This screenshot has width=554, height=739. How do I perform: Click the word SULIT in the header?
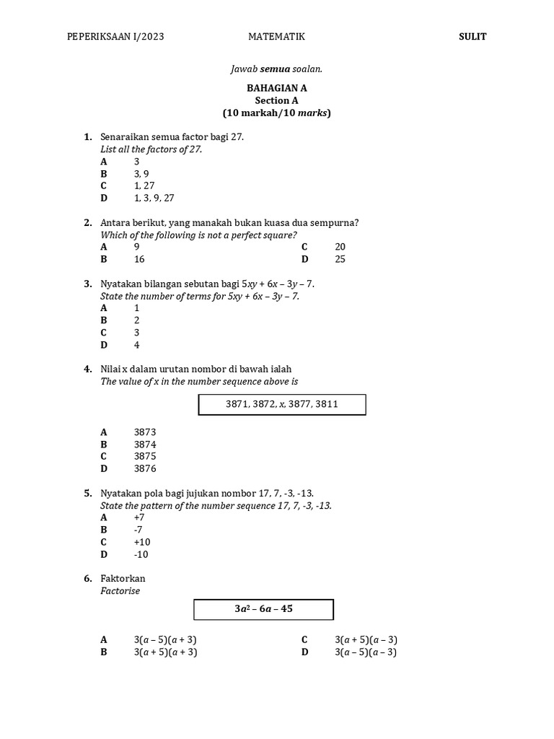click(472, 37)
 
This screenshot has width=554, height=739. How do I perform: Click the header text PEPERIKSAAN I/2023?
click(115, 37)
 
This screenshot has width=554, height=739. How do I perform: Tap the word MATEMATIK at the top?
click(276, 37)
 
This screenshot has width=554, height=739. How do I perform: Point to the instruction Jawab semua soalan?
click(276, 69)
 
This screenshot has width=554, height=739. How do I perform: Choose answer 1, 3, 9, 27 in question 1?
click(154, 198)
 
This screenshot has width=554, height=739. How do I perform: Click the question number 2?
click(87, 223)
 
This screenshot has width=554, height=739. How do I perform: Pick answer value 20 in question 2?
click(340, 247)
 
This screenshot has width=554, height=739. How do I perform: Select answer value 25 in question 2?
click(340, 259)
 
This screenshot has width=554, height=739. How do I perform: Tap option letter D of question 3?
click(104, 345)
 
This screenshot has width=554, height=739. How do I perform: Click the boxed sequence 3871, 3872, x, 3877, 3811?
click(282, 405)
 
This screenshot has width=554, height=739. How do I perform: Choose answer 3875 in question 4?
click(145, 456)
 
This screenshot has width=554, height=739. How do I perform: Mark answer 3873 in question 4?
click(145, 432)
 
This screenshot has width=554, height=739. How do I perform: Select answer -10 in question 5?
click(141, 554)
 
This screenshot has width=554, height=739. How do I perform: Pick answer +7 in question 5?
click(139, 517)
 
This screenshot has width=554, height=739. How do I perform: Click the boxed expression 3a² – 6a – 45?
click(263, 609)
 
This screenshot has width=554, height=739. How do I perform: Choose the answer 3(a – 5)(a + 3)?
click(165, 640)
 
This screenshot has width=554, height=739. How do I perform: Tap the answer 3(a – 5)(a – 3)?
click(366, 652)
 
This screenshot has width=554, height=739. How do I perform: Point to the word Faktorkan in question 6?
click(123, 579)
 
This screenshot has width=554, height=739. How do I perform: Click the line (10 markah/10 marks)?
click(276, 113)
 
